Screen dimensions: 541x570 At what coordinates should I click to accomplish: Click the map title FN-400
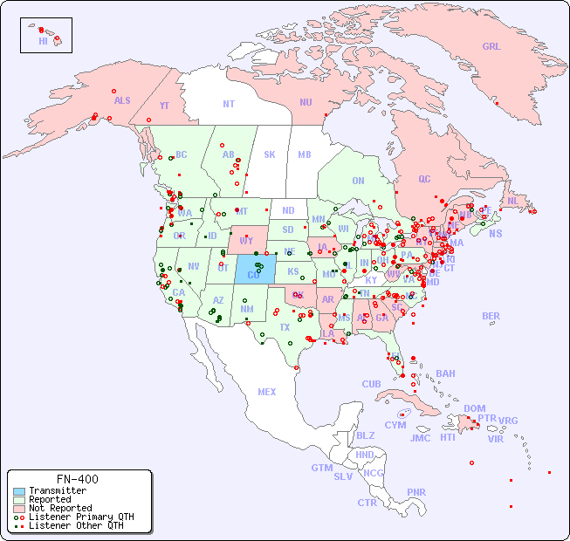pyautogui.click(x=78, y=479)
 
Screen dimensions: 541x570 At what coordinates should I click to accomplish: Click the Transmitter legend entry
pyautogui.click(x=58, y=491)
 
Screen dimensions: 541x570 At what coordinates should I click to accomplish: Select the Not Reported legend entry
pyautogui.click(x=60, y=508)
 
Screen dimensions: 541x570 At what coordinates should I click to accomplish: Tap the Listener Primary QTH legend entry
pyautogui.click(x=81, y=517)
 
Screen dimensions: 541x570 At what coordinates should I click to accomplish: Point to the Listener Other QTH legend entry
pyautogui.click(x=76, y=525)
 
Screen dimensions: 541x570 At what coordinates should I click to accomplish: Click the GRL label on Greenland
pyautogui.click(x=491, y=47)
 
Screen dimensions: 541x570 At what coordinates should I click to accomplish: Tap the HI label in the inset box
pyautogui.click(x=43, y=40)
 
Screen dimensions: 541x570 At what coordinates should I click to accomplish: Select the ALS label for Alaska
pyautogui.click(x=122, y=100)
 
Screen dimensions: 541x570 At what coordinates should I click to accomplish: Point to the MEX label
pyautogui.click(x=267, y=392)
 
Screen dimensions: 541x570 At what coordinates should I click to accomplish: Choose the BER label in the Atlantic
pyautogui.click(x=491, y=316)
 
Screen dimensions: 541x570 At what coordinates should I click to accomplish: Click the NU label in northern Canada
pyautogui.click(x=306, y=102)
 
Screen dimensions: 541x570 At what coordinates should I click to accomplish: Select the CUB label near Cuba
pyautogui.click(x=371, y=384)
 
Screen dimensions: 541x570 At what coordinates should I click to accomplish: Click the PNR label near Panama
pyautogui.click(x=416, y=492)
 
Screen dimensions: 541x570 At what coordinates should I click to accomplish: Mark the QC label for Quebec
pyautogui.click(x=424, y=179)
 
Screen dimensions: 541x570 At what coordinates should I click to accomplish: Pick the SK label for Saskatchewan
pyautogui.click(x=270, y=154)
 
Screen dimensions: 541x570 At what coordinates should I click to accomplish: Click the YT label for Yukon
pyautogui.click(x=164, y=106)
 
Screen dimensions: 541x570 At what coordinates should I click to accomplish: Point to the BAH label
pyautogui.click(x=445, y=373)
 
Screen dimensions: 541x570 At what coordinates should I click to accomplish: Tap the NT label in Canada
pyautogui.click(x=228, y=104)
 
